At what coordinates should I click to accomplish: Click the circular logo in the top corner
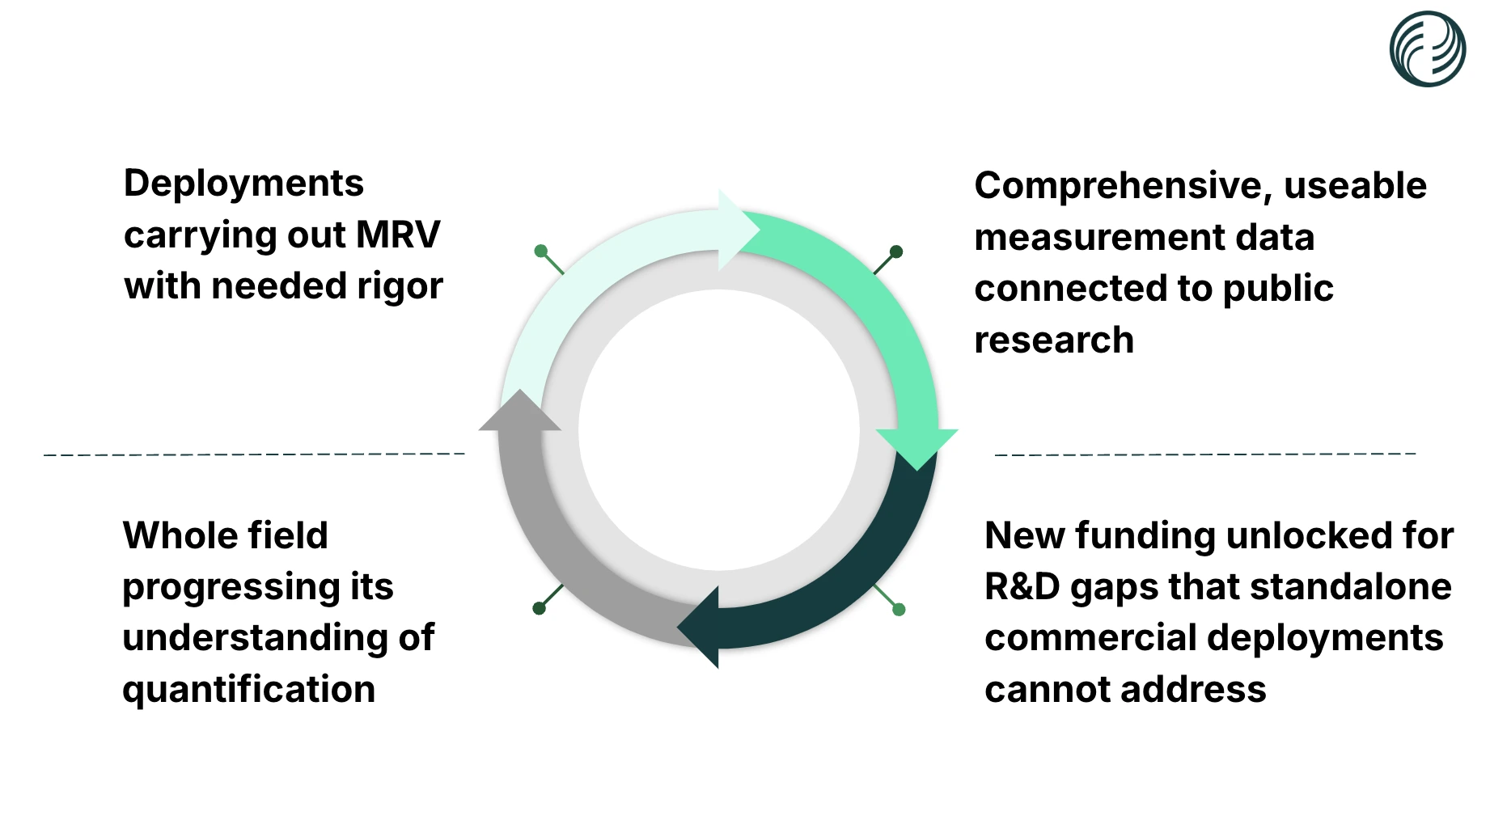coord(1427,49)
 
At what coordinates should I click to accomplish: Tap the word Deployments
coord(243,184)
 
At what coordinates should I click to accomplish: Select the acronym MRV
coord(398,235)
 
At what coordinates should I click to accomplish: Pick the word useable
coord(1355,186)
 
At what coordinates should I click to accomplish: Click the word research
coord(1054,340)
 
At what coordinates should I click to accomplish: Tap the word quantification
coord(248,689)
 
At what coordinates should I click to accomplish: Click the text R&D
coord(1022,586)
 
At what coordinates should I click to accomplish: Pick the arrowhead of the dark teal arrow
coord(701,628)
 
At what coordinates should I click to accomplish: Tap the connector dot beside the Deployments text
coord(541,251)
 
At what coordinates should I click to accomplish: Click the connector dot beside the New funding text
coord(899,609)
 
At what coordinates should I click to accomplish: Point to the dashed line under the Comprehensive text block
coord(1205,454)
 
